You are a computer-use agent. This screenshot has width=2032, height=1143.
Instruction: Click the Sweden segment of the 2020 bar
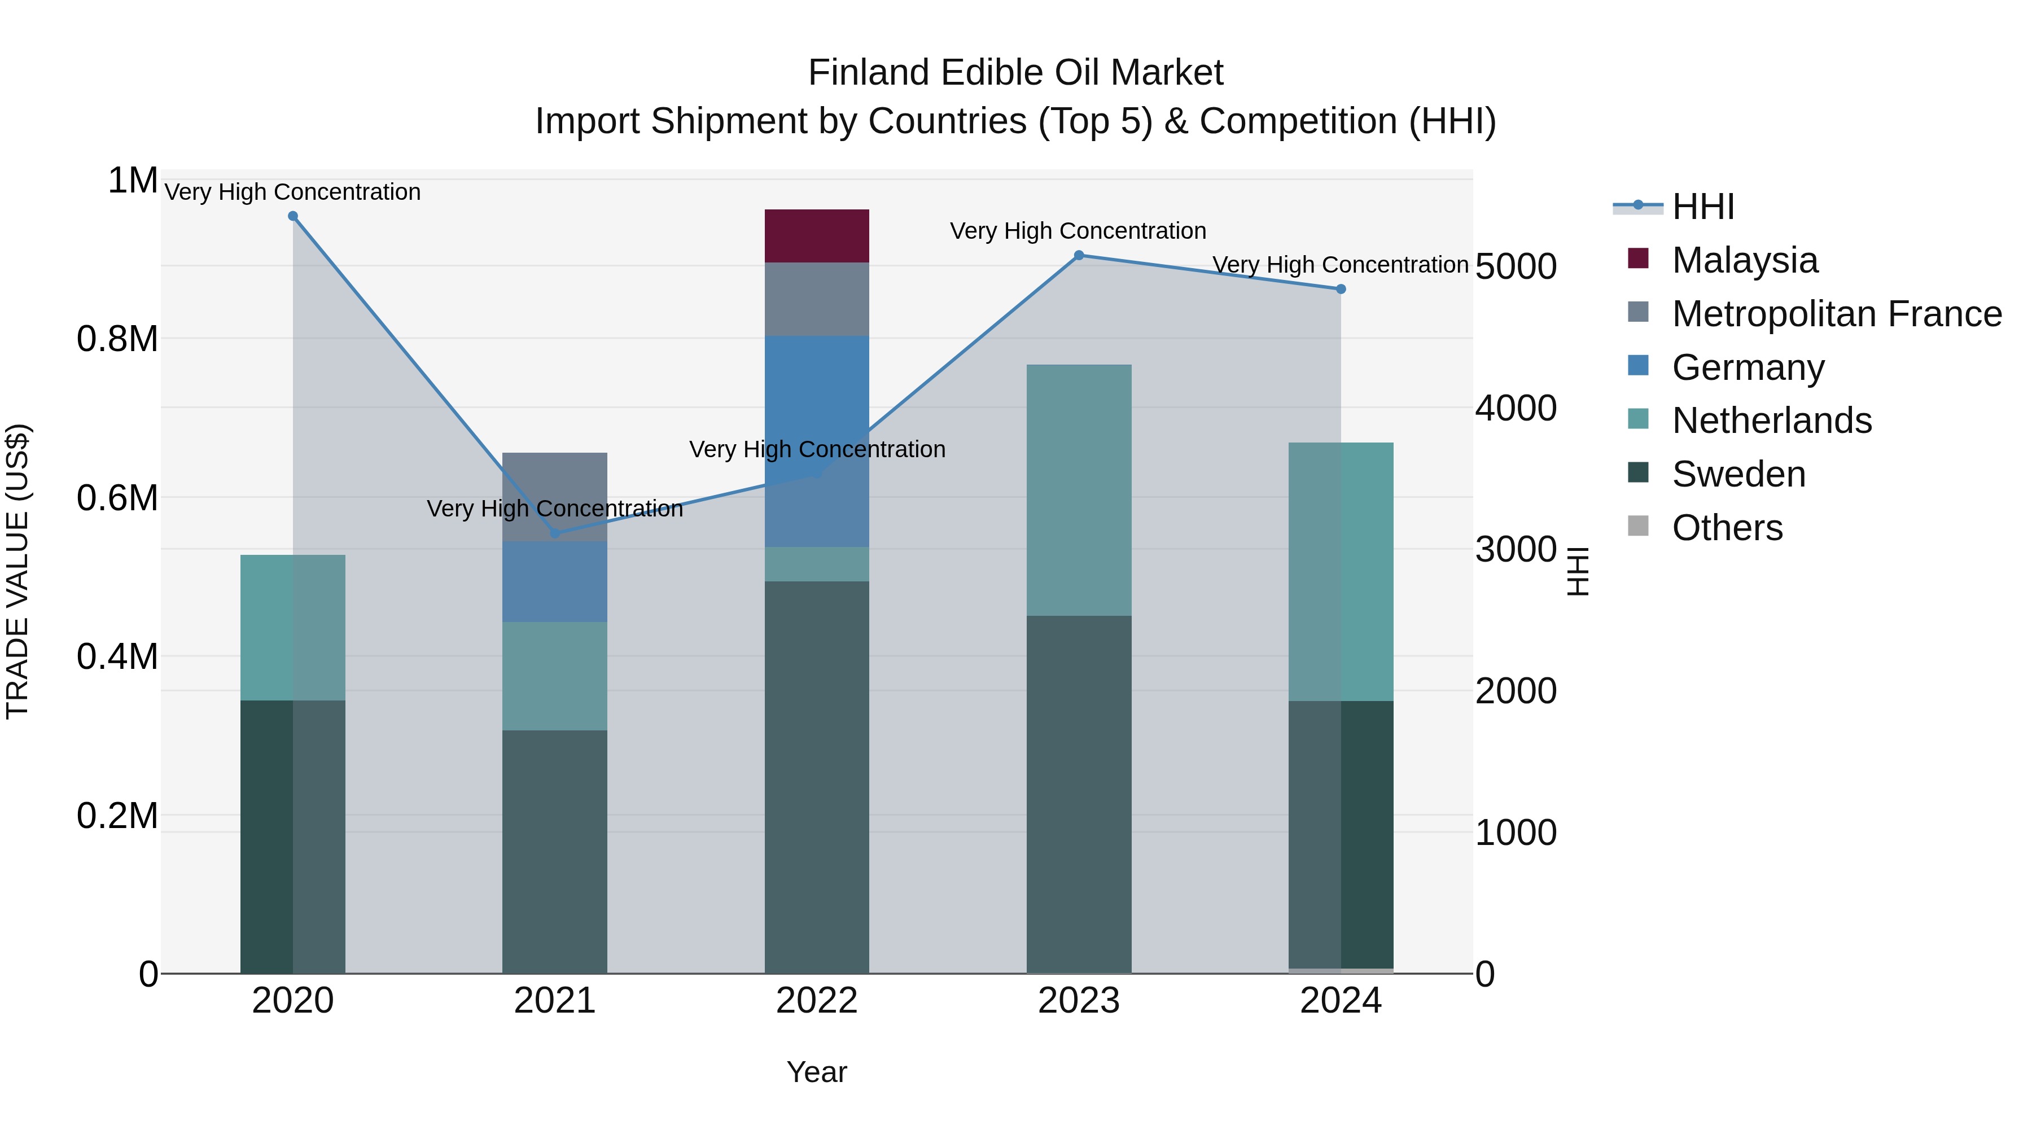click(292, 836)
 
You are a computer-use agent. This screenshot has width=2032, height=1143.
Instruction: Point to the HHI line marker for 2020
click(292, 216)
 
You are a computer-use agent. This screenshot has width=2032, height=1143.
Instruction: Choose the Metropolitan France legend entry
click(1836, 314)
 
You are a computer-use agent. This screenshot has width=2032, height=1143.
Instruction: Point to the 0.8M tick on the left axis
click(117, 339)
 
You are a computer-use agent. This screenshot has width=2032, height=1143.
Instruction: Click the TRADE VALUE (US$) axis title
click(17, 571)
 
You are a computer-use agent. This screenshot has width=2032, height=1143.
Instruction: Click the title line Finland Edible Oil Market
click(1015, 73)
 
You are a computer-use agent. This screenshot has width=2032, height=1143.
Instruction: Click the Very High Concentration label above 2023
click(1078, 231)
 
